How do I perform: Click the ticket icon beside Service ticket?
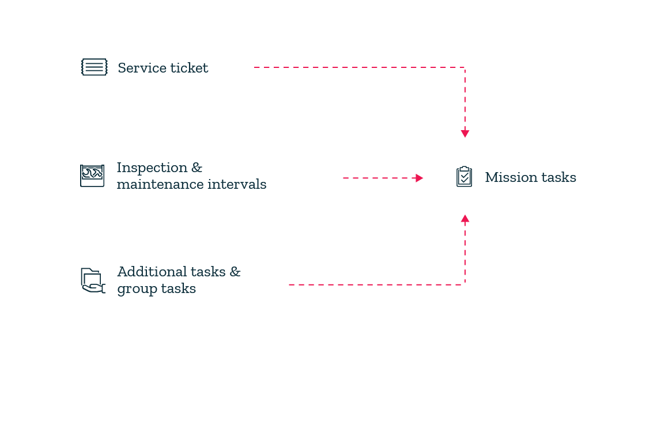click(94, 67)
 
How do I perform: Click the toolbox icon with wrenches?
click(92, 176)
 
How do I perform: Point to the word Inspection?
click(152, 168)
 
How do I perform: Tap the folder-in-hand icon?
click(93, 280)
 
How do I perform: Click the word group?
click(135, 288)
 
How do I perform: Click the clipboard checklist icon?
click(464, 177)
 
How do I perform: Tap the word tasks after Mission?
click(556, 177)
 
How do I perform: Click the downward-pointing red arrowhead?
click(465, 134)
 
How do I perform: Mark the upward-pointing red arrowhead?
click(465, 219)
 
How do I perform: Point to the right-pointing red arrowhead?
click(419, 178)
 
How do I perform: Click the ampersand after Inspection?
click(197, 168)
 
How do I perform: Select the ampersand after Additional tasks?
click(235, 271)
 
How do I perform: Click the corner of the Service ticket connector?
click(465, 67)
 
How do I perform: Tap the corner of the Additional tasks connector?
click(465, 284)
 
